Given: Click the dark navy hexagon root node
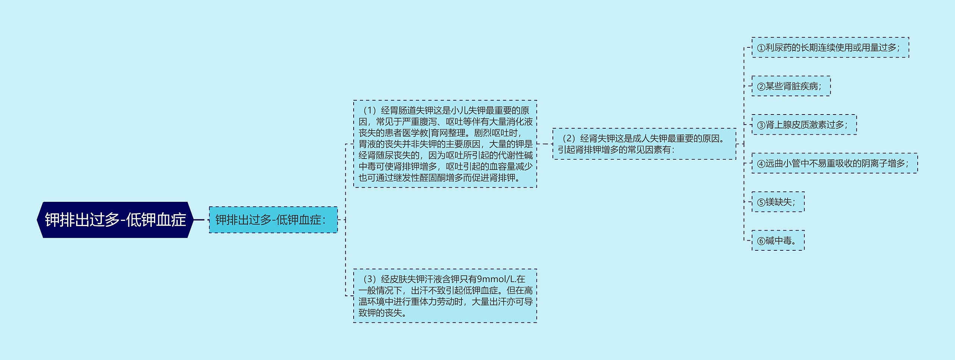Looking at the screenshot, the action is pyautogui.click(x=115, y=220).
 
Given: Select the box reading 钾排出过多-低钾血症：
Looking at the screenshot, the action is pyautogui.click(x=273, y=220).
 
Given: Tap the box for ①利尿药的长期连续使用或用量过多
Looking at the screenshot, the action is pyautogui.click(x=830, y=47).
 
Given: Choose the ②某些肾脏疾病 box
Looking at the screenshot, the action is pyautogui.click(x=791, y=86).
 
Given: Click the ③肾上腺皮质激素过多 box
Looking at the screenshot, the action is pyautogui.click(x=804, y=125).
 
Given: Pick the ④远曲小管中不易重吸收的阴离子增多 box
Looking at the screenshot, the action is pyautogui.click(x=835, y=163).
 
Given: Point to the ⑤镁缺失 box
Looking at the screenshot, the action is pyautogui.click(x=778, y=202).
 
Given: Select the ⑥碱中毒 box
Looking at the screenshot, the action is pyautogui.click(x=778, y=241).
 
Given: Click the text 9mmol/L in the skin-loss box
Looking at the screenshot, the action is pyautogui.click(x=492, y=279).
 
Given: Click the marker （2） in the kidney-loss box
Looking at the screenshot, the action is pyautogui.click(x=569, y=138).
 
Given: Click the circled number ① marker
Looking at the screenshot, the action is pyautogui.click(x=761, y=48).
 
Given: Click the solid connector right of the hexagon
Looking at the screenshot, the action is pyautogui.click(x=199, y=220).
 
